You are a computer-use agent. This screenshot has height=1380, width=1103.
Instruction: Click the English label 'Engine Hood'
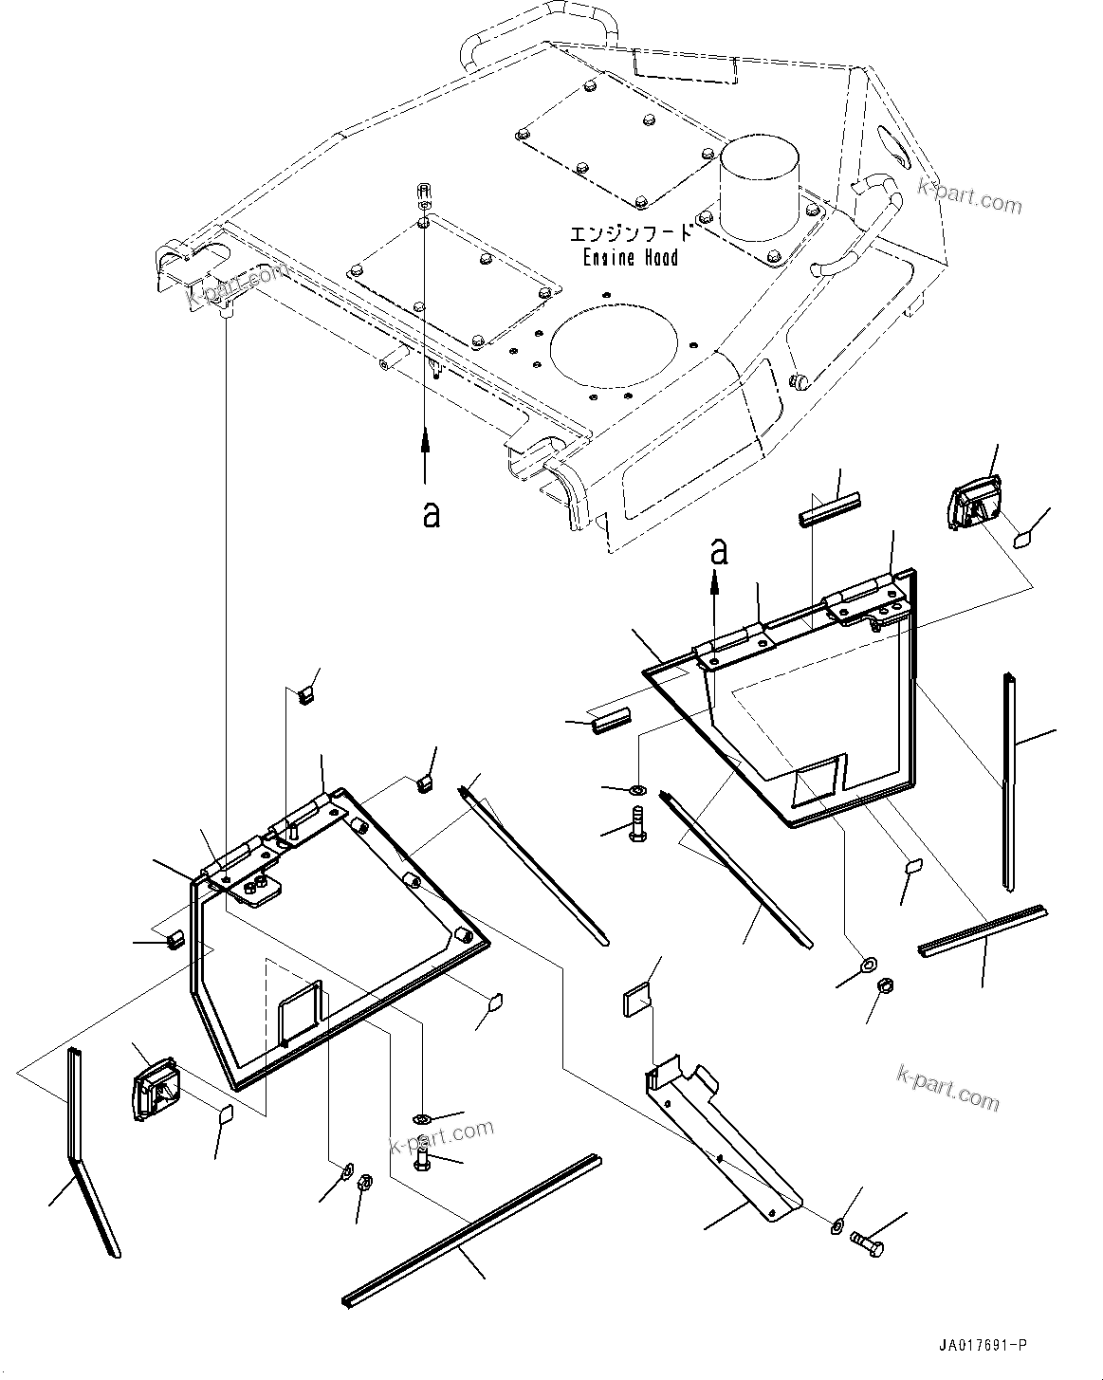627,257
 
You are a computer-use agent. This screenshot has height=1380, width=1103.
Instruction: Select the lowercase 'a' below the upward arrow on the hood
432,514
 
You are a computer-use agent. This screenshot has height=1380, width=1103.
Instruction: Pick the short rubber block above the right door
828,516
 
